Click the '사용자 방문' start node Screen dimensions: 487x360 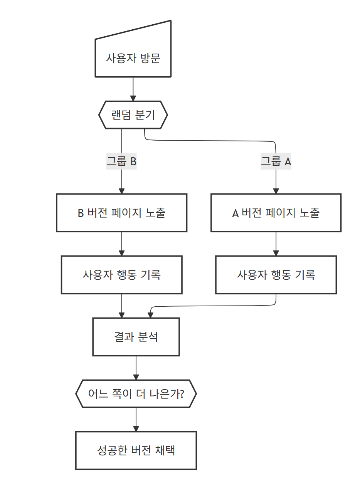point(133,58)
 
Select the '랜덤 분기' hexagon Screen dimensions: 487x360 point(133,115)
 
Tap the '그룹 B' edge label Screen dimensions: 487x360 point(121,161)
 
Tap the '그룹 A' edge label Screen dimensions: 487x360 point(276,161)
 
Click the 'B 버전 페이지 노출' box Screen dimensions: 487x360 point(121,213)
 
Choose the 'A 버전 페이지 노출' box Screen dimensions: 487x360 point(276,213)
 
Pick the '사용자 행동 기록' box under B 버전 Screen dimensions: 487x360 point(121,275)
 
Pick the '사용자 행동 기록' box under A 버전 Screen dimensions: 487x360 point(276,275)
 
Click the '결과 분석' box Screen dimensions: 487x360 point(136,337)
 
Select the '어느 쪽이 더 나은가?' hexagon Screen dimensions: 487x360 point(136,394)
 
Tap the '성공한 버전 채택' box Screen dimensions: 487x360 point(136,450)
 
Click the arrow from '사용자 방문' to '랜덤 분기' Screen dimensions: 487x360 point(133,89)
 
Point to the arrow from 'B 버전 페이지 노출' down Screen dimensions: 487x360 point(122,244)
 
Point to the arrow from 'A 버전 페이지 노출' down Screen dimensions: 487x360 point(276,244)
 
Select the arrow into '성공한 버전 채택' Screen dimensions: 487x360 point(136,420)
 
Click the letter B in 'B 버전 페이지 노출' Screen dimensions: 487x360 point(81,213)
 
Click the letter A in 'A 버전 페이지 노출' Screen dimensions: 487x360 point(236,213)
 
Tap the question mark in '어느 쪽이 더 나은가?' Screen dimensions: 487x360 point(181,394)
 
